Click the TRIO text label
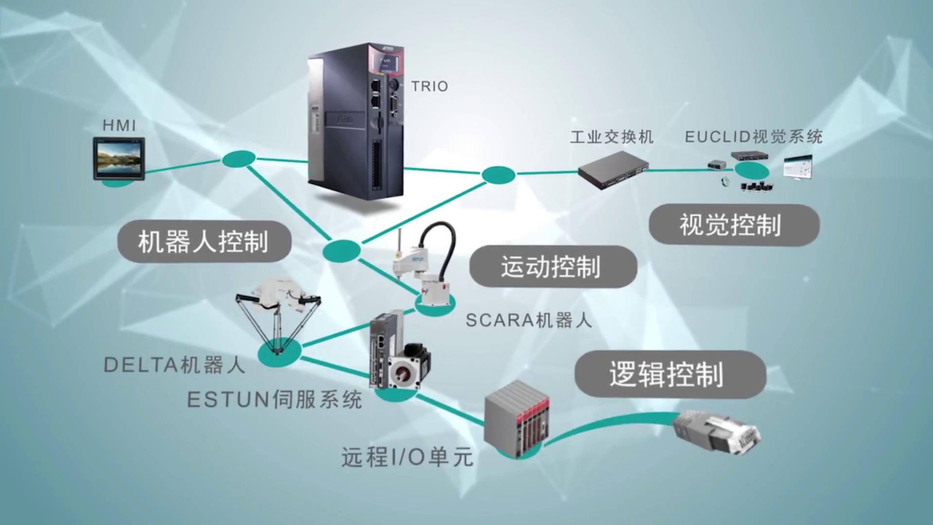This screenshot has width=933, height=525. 430,87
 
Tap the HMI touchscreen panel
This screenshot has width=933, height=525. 119,158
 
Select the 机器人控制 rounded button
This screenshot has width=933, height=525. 204,242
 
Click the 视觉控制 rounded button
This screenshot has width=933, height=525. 734,225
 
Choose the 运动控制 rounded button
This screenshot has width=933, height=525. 553,266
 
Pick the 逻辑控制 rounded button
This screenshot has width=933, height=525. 670,374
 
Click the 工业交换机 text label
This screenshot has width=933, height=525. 611,137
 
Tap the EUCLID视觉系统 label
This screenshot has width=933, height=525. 753,137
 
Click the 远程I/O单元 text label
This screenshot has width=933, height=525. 407,457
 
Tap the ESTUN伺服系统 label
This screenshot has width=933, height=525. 275,400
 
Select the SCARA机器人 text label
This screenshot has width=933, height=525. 529,320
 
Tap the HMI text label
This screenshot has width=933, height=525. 119,125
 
